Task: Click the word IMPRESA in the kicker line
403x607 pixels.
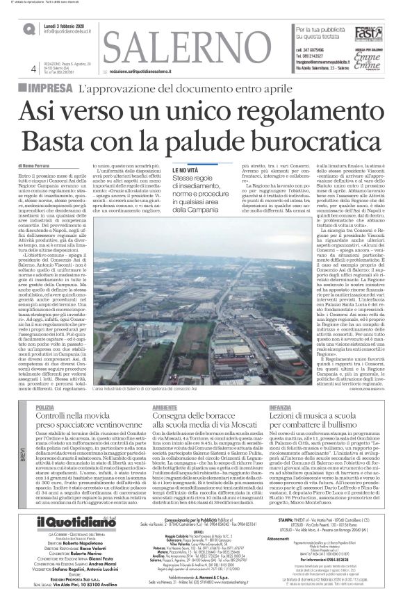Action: pyautogui.click(x=49, y=88)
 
